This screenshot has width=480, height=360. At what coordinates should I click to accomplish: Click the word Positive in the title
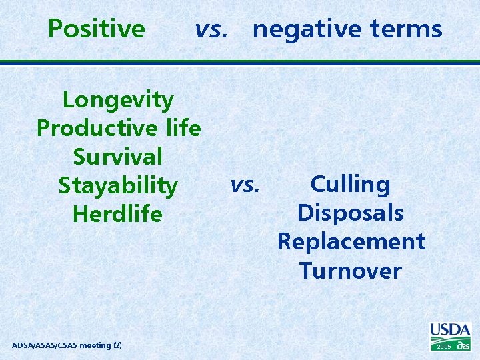(x=97, y=29)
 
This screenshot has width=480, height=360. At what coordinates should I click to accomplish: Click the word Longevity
(x=118, y=100)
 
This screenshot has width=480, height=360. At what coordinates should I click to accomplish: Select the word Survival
(x=118, y=157)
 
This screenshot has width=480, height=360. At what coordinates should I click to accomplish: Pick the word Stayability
(x=118, y=185)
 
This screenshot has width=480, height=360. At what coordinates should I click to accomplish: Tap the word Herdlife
(x=118, y=214)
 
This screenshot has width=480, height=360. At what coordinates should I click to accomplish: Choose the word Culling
(x=351, y=184)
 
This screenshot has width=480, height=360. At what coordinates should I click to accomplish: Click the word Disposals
(x=351, y=213)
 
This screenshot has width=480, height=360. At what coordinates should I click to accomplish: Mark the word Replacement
(x=351, y=241)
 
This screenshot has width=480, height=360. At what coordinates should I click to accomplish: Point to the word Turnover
(x=351, y=271)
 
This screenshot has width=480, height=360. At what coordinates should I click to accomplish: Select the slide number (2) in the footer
(x=117, y=345)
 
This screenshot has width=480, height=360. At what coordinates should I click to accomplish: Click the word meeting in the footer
(x=96, y=345)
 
